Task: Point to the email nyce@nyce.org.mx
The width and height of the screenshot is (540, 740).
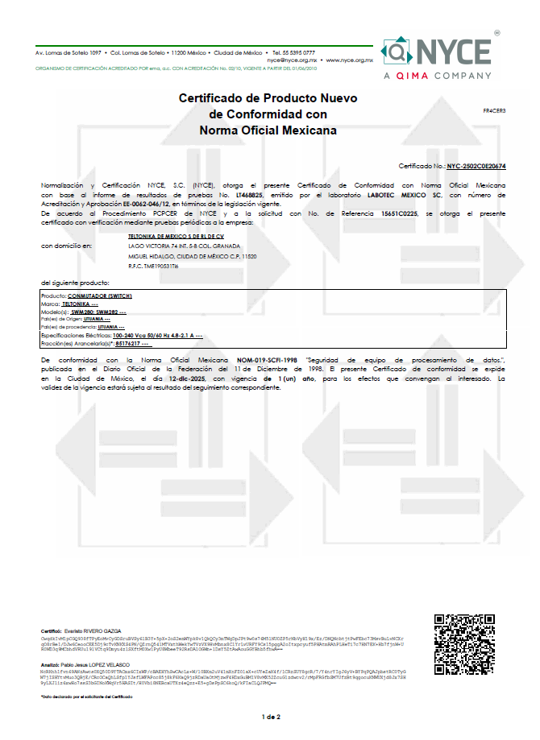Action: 291,60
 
